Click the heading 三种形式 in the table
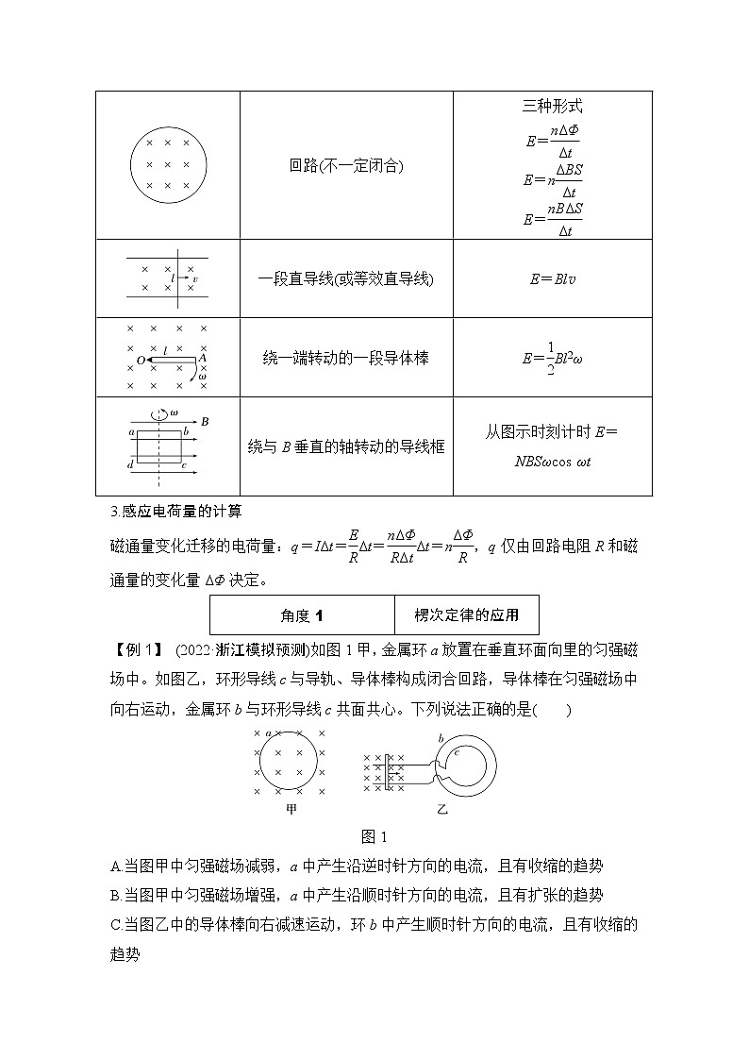[x=552, y=107]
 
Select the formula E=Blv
[x=552, y=278]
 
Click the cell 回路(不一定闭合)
[x=346, y=166]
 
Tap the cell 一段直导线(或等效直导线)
[x=346, y=278]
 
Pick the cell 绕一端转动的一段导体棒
[x=346, y=359]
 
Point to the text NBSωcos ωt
[x=552, y=462]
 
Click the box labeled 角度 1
[x=302, y=615]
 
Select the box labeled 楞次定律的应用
[x=467, y=615]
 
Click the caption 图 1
[x=374, y=836]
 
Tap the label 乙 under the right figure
[x=442, y=809]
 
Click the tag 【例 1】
[x=133, y=651]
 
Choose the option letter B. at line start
[x=116, y=895]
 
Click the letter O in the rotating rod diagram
[x=141, y=361]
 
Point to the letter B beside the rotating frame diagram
[x=205, y=421]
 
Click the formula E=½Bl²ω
[x=552, y=359]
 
